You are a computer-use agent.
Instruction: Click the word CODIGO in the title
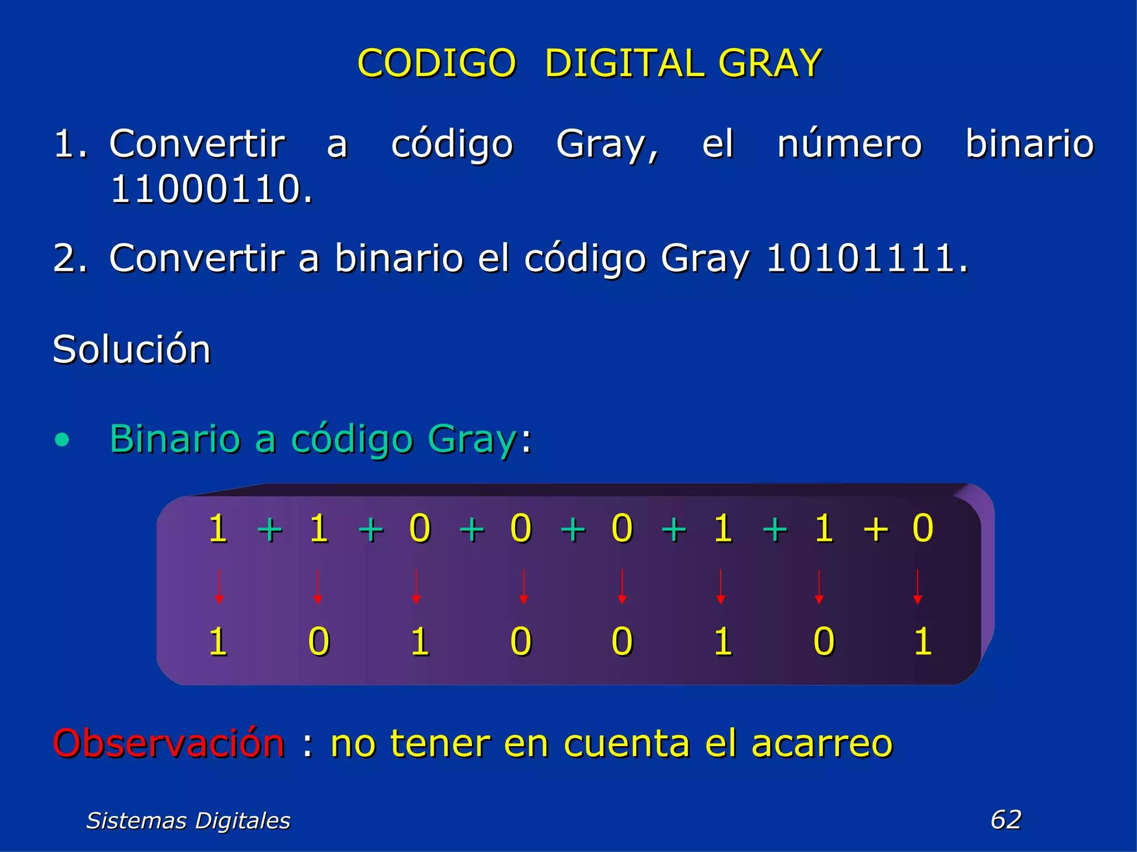point(437,63)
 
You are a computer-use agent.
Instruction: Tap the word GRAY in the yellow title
point(769,63)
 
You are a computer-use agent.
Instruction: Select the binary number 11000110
point(212,189)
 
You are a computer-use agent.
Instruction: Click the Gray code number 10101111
point(867,258)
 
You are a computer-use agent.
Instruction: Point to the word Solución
point(132,349)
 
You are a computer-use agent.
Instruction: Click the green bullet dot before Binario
point(63,440)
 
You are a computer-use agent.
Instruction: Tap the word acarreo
point(822,743)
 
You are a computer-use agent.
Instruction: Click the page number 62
point(1005,819)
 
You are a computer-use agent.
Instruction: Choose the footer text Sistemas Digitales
point(188,820)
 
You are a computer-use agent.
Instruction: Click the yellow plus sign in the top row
point(876,529)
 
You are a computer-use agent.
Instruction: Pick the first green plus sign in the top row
point(270,529)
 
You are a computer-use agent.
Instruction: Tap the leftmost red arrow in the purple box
point(219,586)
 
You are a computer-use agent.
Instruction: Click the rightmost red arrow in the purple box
point(917,586)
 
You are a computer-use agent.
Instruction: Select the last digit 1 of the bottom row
point(922,642)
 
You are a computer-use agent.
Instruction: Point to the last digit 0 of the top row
point(923,528)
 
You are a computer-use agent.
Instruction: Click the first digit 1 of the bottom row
point(218,642)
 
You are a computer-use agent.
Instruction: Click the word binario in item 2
point(399,258)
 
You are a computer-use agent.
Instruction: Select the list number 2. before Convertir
point(71,258)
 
